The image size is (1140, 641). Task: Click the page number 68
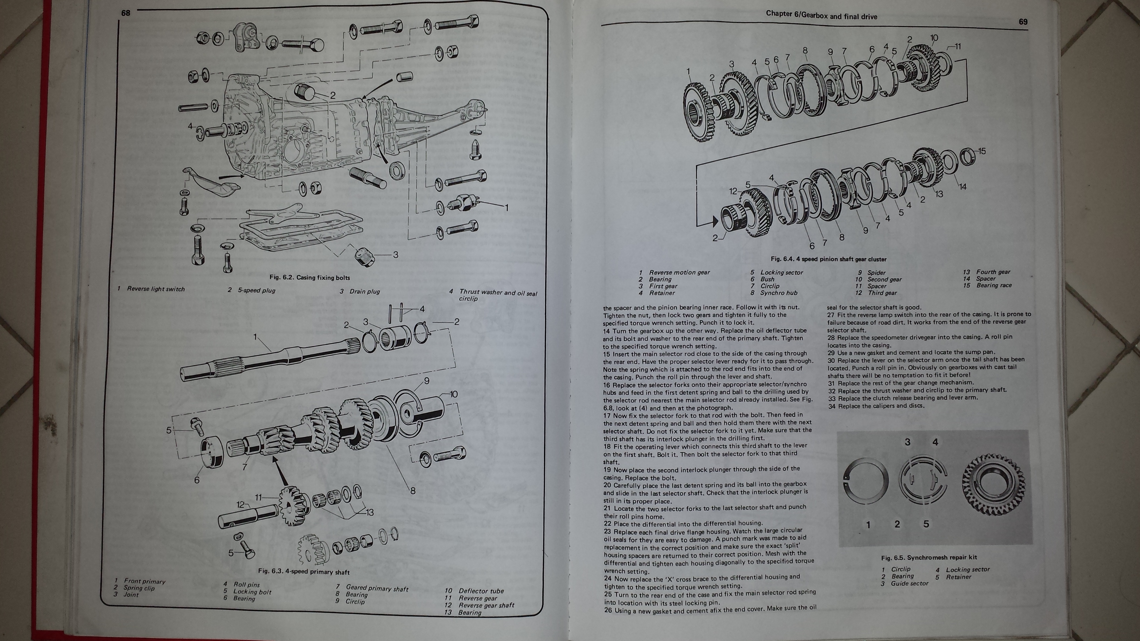click(x=126, y=13)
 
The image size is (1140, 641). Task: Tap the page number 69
click(x=1023, y=22)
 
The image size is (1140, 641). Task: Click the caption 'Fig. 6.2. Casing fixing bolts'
click(x=309, y=278)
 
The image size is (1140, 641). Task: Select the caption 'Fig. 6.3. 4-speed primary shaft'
click(x=304, y=572)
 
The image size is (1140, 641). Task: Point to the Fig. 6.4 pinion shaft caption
click(x=828, y=259)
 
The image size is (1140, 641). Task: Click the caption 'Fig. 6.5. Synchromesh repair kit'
click(x=928, y=558)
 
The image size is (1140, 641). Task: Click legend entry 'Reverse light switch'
click(x=156, y=289)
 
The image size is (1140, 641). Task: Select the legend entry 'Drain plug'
click(x=364, y=291)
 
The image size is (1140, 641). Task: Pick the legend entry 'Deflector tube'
click(x=481, y=591)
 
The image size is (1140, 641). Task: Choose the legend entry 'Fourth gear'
click(x=993, y=272)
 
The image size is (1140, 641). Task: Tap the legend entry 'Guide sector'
click(x=909, y=583)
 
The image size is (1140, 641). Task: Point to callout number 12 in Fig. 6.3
click(x=240, y=504)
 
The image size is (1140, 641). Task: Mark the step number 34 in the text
click(x=832, y=406)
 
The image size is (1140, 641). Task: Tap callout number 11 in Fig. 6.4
click(x=957, y=46)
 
